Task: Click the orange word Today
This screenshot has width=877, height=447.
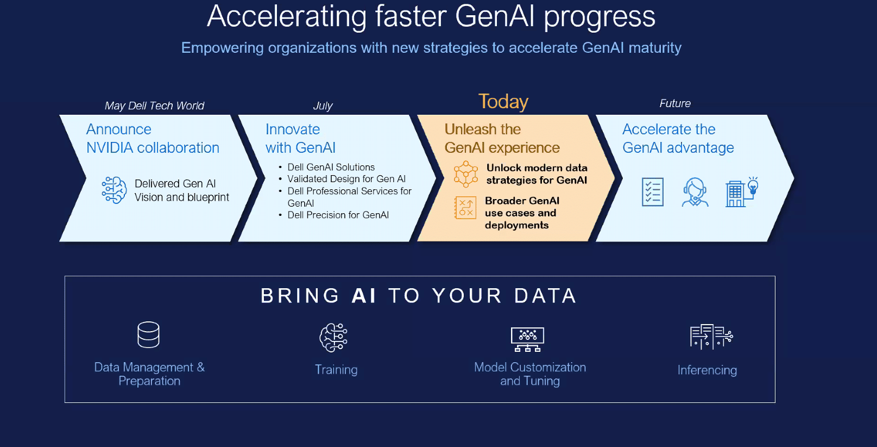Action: tap(503, 102)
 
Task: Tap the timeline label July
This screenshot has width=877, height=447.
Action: tap(323, 106)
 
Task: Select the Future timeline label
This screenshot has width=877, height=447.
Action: tap(675, 103)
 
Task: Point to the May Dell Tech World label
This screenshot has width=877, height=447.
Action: tap(154, 106)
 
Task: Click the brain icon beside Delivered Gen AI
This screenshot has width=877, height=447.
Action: tap(114, 190)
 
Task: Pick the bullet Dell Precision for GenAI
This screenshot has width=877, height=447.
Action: tap(338, 215)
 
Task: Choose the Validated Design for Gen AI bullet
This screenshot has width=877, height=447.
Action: tap(346, 179)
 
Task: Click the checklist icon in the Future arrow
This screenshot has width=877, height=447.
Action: tap(653, 192)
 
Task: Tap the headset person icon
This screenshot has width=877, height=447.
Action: tap(695, 192)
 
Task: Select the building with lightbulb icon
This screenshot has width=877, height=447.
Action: tap(742, 192)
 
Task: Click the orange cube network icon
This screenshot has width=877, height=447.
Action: tap(465, 174)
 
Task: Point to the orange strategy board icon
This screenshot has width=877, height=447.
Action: tap(465, 207)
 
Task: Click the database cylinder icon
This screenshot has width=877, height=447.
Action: tap(148, 335)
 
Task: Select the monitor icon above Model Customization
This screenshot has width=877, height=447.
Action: tap(527, 339)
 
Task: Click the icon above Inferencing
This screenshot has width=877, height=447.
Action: tap(711, 337)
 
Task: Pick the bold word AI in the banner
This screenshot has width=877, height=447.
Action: tap(364, 296)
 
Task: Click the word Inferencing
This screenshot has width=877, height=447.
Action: tap(707, 370)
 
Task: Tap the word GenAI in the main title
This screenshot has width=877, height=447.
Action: tap(495, 16)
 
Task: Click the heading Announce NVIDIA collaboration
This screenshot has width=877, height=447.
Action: tap(153, 139)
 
